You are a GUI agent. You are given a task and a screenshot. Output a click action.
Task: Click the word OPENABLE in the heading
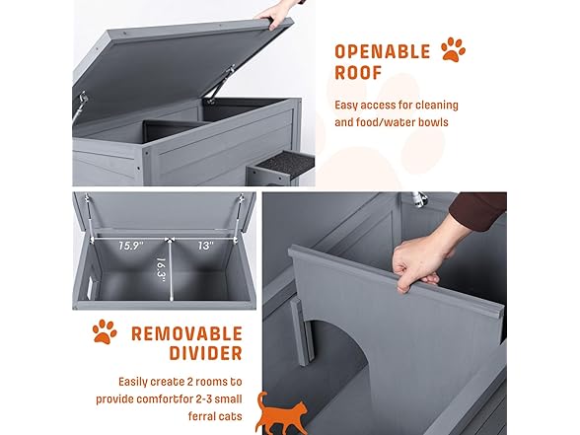click(381, 50)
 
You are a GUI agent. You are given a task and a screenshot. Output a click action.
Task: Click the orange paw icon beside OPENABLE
click(453, 49)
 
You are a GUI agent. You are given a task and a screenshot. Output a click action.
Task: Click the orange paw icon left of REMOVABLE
click(104, 330)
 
